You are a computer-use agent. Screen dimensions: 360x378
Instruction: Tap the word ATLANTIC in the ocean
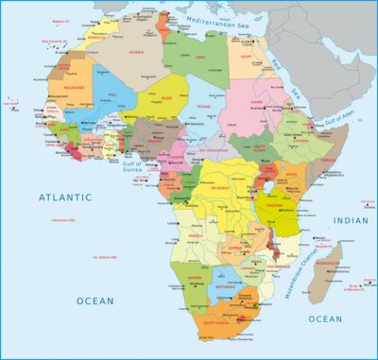click(x=64, y=197)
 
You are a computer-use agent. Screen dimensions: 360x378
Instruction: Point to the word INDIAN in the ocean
click(x=350, y=220)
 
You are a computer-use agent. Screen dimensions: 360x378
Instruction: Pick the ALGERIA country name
click(x=135, y=53)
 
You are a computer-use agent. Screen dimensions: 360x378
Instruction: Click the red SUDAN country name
click(x=255, y=101)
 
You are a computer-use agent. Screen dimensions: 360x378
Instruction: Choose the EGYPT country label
click(x=246, y=56)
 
